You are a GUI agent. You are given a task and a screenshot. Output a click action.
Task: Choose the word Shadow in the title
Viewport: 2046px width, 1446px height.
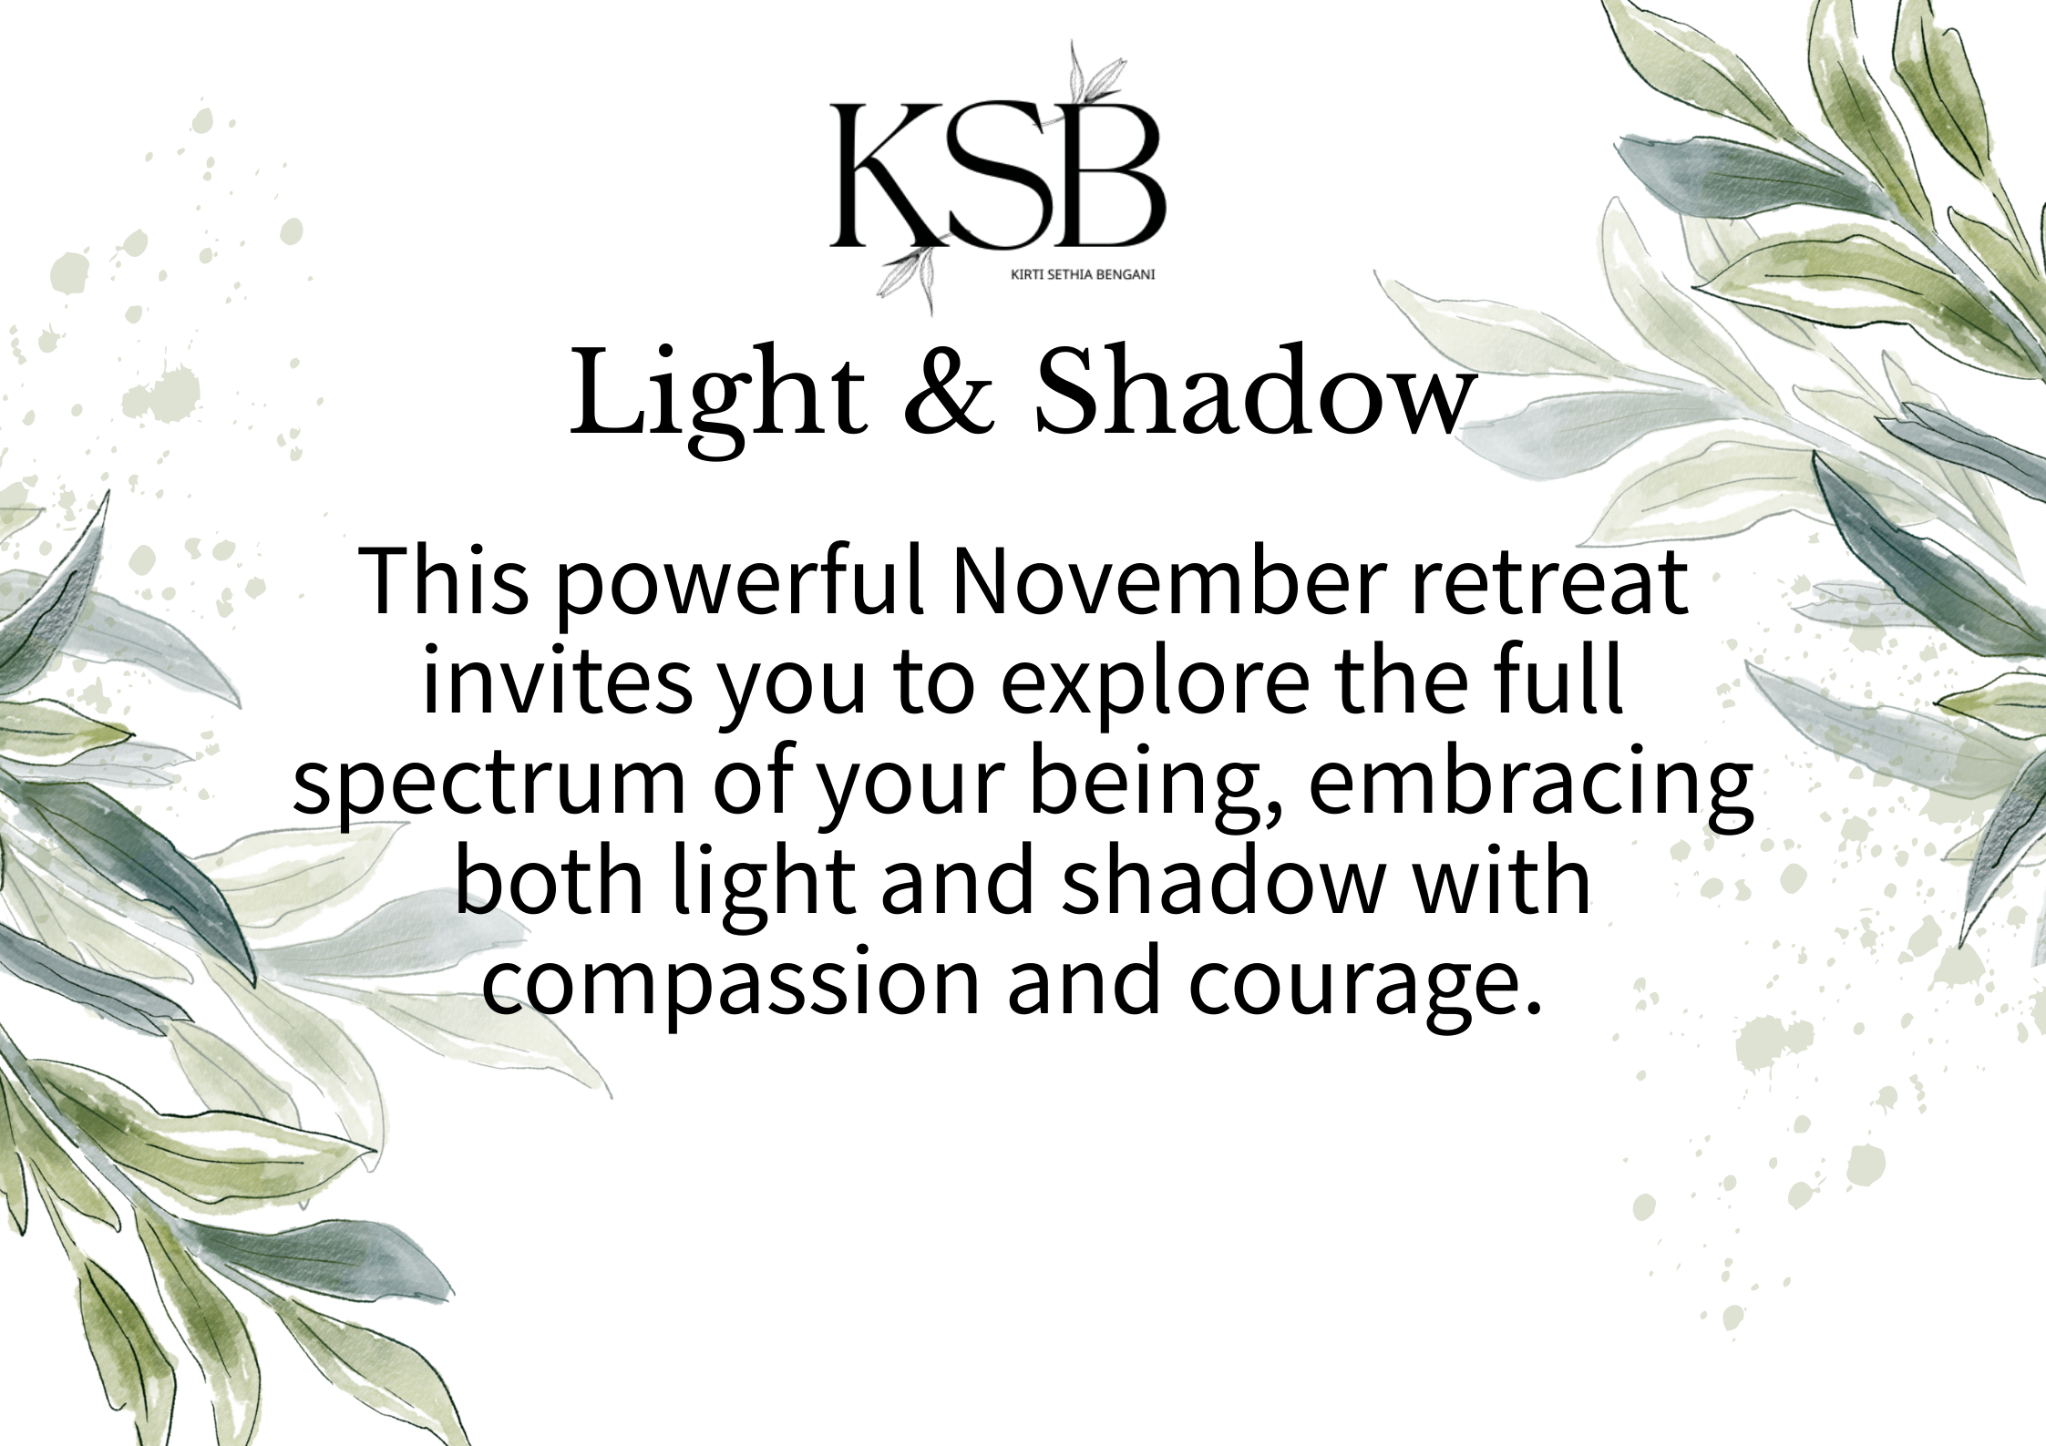click(1254, 393)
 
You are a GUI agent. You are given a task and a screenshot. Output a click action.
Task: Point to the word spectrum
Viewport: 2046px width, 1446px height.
click(488, 785)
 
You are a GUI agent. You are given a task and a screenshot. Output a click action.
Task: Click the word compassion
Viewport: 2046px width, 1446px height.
click(730, 984)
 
